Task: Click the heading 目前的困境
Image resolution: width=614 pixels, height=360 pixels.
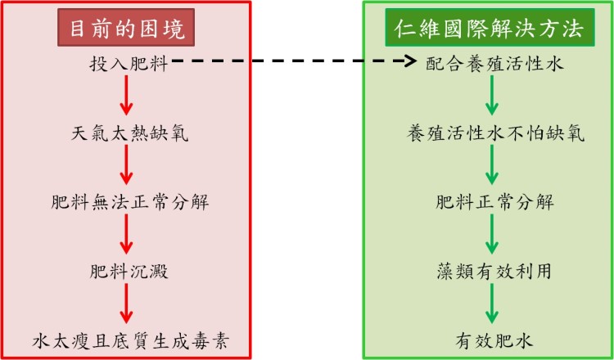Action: click(x=127, y=30)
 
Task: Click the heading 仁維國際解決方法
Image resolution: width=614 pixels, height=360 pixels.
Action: click(x=490, y=30)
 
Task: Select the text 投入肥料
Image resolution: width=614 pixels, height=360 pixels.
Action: click(x=129, y=64)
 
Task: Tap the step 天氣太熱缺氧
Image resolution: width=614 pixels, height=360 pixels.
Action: click(x=129, y=132)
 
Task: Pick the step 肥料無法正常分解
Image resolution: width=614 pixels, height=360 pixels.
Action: click(x=129, y=200)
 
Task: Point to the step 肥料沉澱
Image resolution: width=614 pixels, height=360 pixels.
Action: click(x=129, y=268)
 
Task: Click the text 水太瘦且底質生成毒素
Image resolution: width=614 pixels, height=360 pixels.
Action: click(x=129, y=338)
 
